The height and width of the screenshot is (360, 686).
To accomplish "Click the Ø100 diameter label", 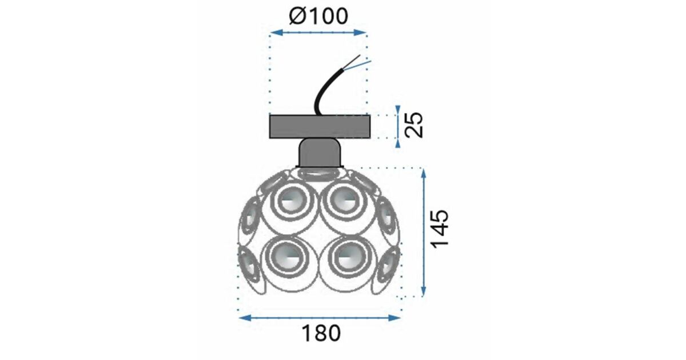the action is tap(318, 16).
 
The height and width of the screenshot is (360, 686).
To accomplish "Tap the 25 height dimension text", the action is tap(413, 125).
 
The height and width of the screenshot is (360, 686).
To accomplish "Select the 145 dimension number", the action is tap(440, 229).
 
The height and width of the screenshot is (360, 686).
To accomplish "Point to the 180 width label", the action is tap(321, 333).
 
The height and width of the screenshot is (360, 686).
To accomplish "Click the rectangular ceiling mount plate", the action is tap(320, 127).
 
